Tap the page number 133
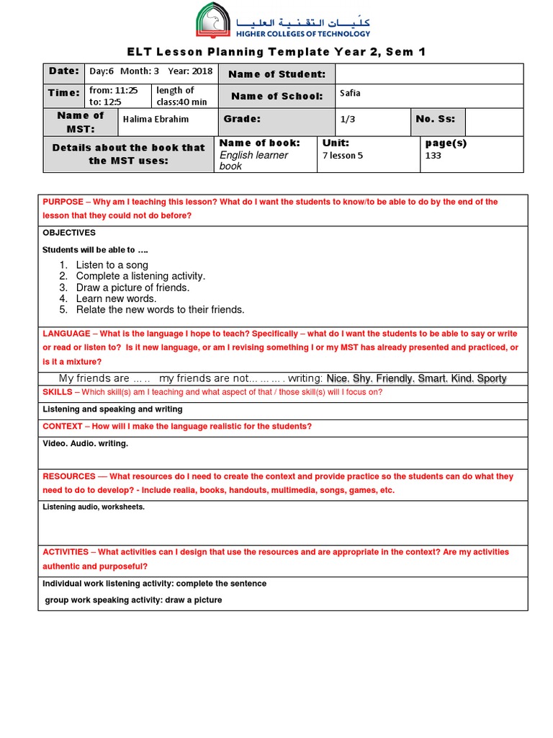click(433, 156)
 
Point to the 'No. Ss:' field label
click(435, 119)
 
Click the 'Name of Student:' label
click(276, 74)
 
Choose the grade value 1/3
click(349, 120)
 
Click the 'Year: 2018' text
click(190, 71)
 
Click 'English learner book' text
click(253, 160)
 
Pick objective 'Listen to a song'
click(112, 265)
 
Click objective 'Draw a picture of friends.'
click(132, 288)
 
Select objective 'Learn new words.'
click(116, 298)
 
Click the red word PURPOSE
click(63, 203)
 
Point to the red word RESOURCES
click(69, 477)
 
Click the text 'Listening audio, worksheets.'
click(94, 507)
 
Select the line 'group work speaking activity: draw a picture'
click(133, 600)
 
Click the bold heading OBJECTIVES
click(69, 233)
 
